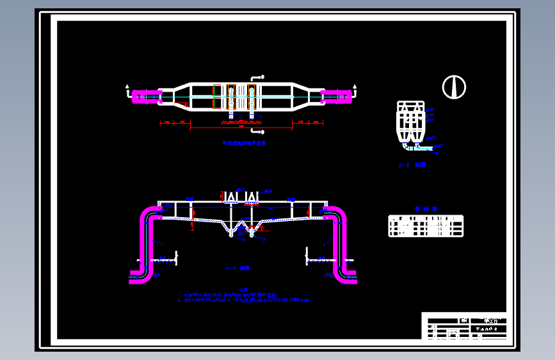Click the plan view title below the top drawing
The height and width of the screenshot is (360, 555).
point(244,144)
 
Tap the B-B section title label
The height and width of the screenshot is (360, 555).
point(412,165)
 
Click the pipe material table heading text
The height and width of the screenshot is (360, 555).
point(425,209)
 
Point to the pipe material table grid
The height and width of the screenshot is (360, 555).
point(426,226)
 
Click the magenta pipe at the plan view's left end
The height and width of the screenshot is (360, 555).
point(146,97)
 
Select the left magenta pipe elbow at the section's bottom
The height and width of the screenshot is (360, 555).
point(142,275)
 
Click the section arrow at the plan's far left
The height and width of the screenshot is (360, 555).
point(129,88)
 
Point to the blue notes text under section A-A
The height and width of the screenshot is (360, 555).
point(246,298)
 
